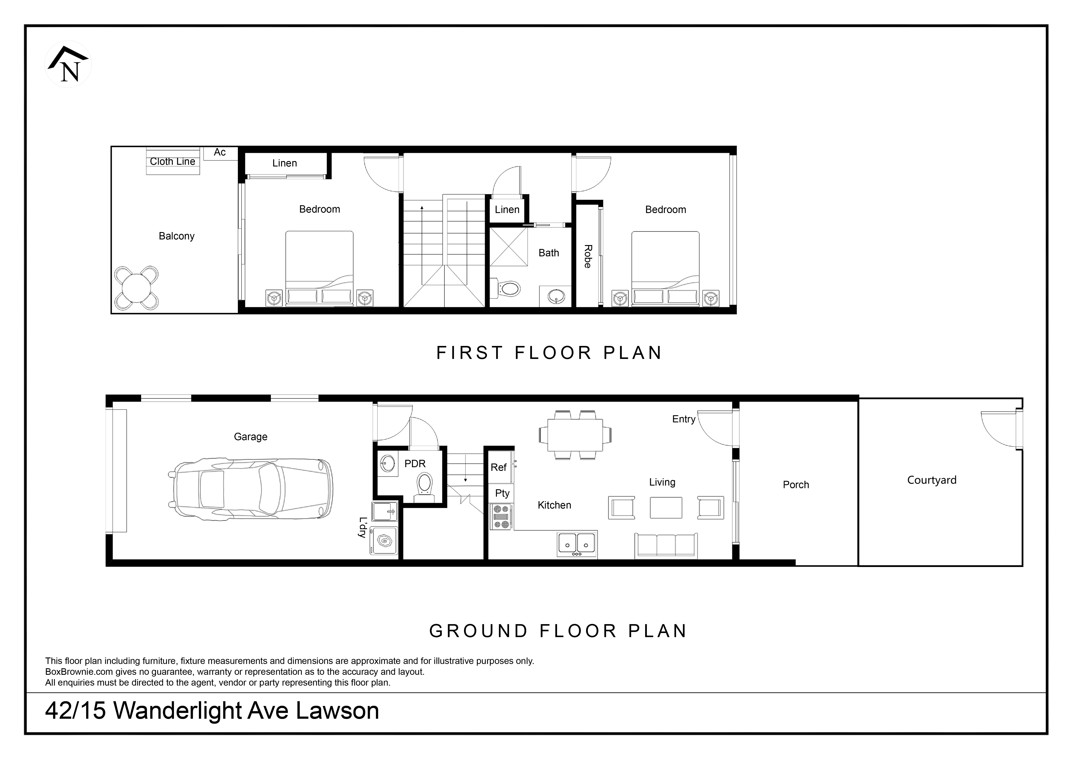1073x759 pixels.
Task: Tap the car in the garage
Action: pyautogui.click(x=250, y=488)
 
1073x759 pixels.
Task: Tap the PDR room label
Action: pyautogui.click(x=415, y=464)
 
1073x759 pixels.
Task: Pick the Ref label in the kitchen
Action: pyautogui.click(x=499, y=467)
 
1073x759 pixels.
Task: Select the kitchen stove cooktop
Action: pyautogui.click(x=501, y=517)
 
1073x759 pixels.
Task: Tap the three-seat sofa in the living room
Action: pyautogui.click(x=666, y=545)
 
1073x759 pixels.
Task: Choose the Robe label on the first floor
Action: pyautogui.click(x=588, y=257)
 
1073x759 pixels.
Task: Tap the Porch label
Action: pyautogui.click(x=796, y=485)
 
